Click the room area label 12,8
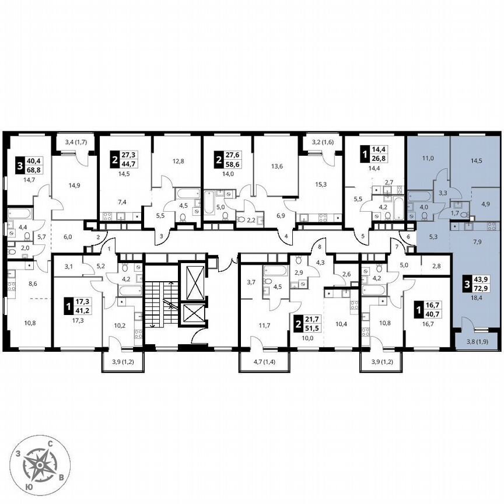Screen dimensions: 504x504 click(177, 162)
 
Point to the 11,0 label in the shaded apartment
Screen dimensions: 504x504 click(429, 157)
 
